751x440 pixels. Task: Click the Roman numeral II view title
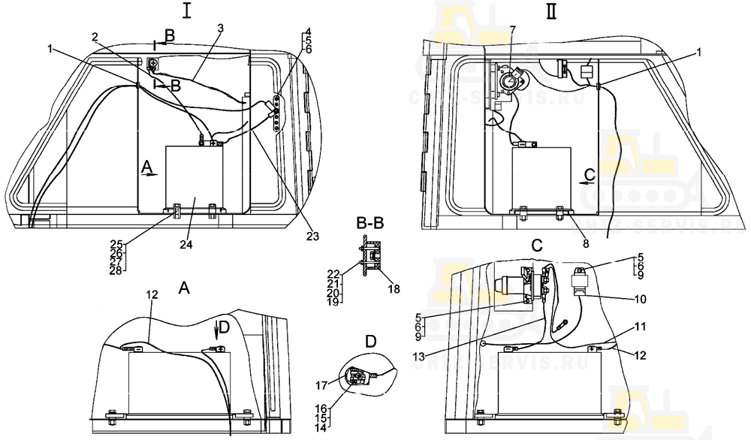click(552, 13)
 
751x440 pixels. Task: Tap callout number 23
click(313, 236)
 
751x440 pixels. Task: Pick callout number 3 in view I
click(220, 28)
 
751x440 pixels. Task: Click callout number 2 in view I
click(95, 37)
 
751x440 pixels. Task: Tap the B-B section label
click(372, 223)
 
